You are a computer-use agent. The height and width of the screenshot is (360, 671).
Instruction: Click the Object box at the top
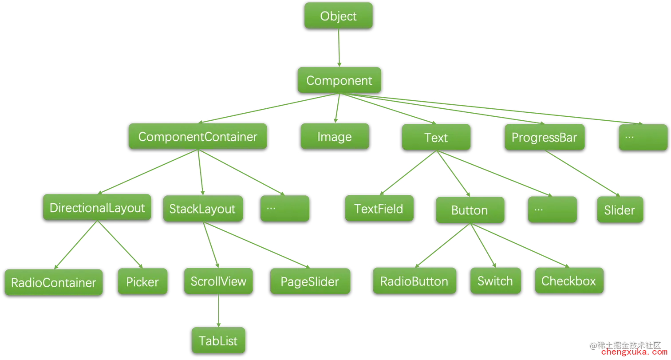[x=338, y=16]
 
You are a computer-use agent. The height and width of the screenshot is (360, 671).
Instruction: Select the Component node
[x=339, y=80]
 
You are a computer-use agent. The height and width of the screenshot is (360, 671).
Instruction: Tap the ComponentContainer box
[x=197, y=136]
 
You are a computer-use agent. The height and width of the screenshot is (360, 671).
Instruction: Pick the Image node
[x=335, y=137]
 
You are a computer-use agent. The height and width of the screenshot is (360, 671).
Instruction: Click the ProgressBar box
[x=544, y=137]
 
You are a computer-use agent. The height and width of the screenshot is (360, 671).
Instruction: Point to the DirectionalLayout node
[x=97, y=208]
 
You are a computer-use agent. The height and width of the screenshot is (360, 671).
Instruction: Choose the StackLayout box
[x=202, y=209]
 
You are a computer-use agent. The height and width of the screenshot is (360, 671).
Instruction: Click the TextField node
[x=379, y=208]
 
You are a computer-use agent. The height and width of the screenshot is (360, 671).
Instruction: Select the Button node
[x=470, y=210]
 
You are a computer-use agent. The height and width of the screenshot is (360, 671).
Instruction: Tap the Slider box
[x=619, y=210]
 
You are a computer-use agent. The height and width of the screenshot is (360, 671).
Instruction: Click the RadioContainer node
[x=53, y=282]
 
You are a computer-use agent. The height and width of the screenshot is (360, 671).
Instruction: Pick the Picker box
[x=142, y=281]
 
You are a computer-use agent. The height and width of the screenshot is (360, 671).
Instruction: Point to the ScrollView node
[x=218, y=281]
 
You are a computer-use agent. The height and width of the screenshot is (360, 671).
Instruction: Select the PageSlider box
[x=310, y=281]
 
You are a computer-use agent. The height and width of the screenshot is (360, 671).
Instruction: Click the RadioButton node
[x=414, y=281]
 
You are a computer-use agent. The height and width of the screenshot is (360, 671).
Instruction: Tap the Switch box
[x=495, y=281]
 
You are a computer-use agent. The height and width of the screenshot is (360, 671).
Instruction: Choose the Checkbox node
[x=568, y=281]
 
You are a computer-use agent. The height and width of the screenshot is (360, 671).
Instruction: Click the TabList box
[x=218, y=340]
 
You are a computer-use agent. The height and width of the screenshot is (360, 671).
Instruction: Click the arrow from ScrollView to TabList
[x=218, y=311]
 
